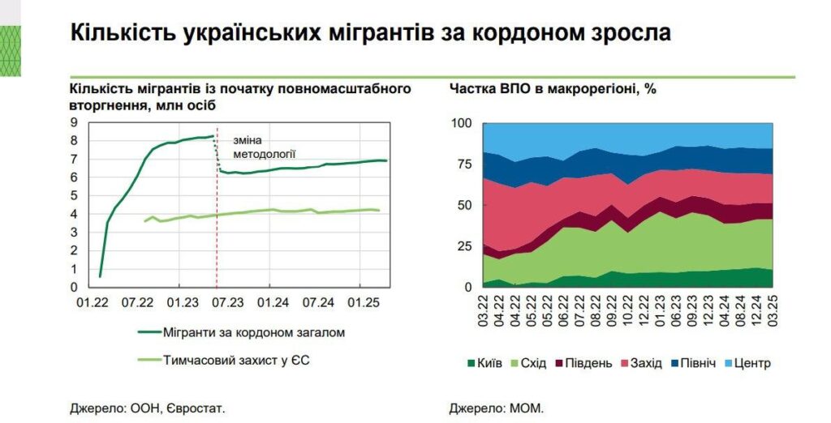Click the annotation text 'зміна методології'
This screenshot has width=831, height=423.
click(x=260, y=145)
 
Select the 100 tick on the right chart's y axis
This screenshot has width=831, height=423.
click(x=460, y=123)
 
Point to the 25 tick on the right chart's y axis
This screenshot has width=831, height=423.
click(x=464, y=246)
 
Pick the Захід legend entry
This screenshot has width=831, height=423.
click(x=639, y=363)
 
